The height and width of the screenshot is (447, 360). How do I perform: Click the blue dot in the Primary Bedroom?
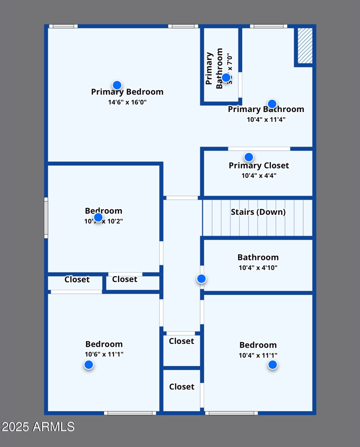point(117,85)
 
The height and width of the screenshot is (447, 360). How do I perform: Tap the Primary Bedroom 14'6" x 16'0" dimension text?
point(127,102)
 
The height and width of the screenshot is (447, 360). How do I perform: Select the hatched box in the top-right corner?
point(305,45)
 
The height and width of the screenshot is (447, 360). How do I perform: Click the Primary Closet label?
point(259,165)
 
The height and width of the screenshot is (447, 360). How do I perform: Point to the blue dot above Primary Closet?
point(249,157)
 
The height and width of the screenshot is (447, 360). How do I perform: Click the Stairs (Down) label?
point(258,212)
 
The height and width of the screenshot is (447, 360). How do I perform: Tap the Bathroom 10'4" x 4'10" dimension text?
point(258,268)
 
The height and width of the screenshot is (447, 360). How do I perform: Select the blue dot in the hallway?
point(202,279)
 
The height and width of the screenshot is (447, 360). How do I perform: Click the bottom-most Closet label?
point(182,387)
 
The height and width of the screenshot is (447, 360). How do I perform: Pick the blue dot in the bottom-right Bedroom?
point(273,365)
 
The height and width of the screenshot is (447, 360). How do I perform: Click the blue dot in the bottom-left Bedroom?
point(89,365)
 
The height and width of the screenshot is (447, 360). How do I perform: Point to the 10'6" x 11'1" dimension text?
point(104,354)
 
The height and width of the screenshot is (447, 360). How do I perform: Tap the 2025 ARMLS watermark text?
point(38,426)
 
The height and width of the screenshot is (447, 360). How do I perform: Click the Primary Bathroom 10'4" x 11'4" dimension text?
point(266,120)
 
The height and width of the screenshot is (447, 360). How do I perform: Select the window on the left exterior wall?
point(46,218)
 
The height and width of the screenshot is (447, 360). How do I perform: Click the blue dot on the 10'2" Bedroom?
point(98,217)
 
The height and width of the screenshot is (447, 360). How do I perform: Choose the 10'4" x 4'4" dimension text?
point(259,175)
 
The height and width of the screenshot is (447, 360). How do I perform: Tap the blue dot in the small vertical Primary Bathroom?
point(226,77)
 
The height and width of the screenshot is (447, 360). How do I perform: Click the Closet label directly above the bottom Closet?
point(181,341)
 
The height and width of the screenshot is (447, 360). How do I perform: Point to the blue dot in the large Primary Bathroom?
point(272,104)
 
